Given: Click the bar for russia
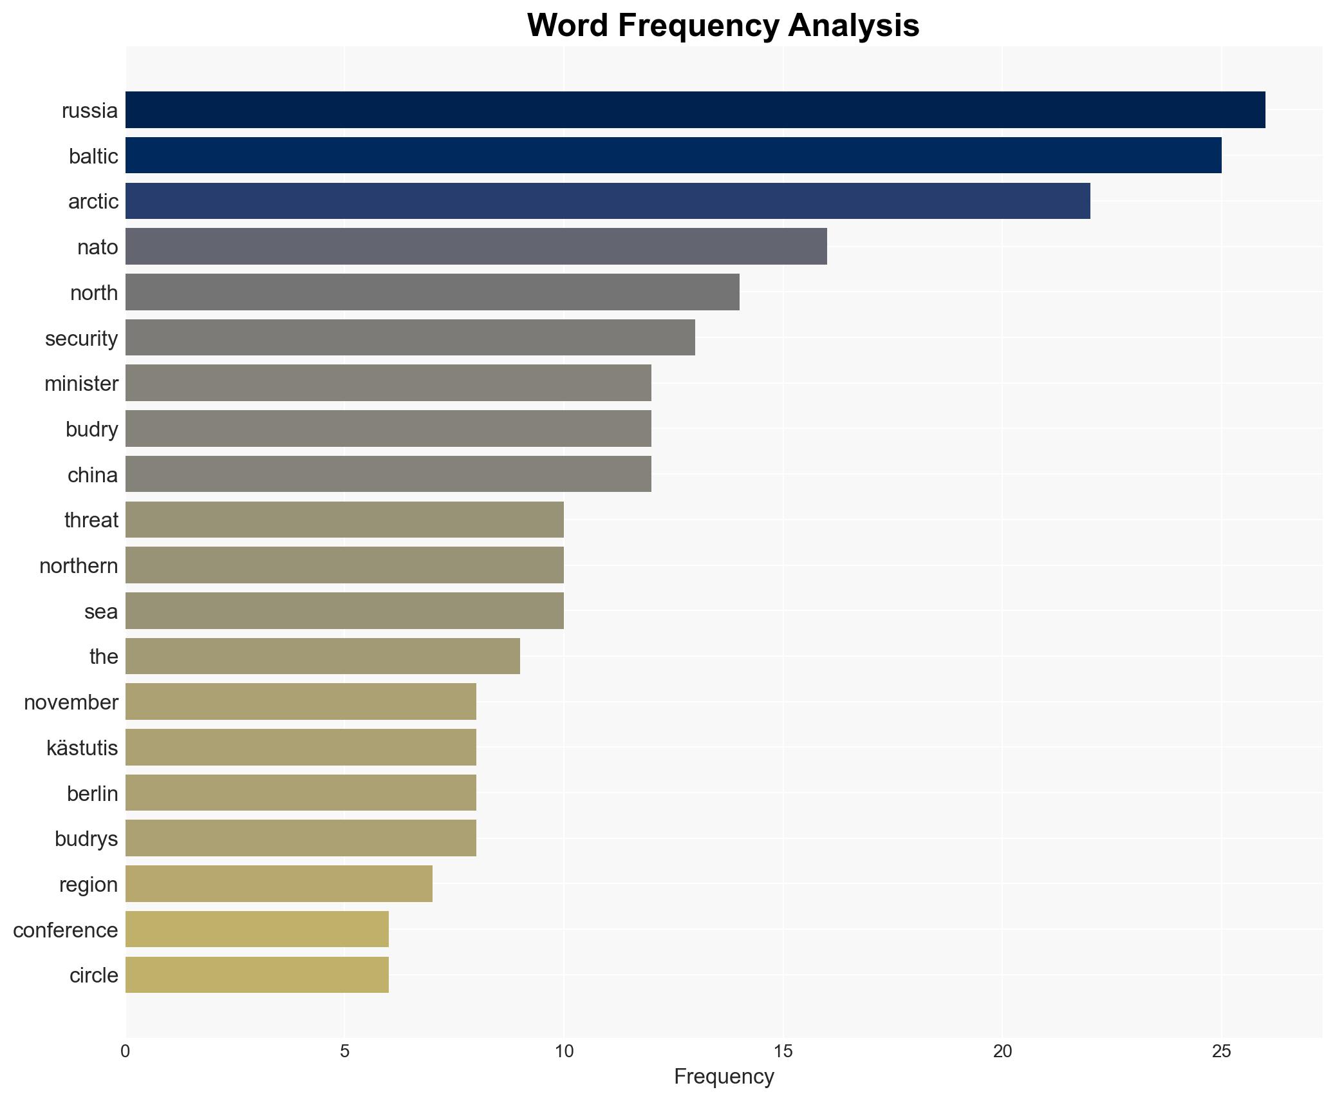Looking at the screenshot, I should point(695,110).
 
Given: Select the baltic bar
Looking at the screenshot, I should point(673,156).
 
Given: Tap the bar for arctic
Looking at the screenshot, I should point(608,201).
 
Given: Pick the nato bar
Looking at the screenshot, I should point(476,247).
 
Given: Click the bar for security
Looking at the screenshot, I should point(410,337).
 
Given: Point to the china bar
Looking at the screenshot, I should point(388,474).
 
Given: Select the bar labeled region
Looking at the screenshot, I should point(279,884).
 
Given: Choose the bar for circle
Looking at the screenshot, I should point(257,975).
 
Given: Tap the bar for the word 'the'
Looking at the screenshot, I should point(322,656).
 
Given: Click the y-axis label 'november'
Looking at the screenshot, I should point(71,702).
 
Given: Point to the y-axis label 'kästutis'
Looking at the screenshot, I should point(82,748).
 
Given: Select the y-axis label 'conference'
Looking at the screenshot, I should point(65,930).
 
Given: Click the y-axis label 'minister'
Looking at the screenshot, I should point(81,384).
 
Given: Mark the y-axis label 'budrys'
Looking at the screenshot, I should point(86,839).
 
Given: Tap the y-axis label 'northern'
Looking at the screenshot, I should point(79,566).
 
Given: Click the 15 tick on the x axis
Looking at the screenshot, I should point(783,1052).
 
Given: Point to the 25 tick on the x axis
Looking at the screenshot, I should point(1221,1052).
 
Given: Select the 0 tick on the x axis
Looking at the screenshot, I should point(126,1052).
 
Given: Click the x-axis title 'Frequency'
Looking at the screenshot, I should point(724,1077).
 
